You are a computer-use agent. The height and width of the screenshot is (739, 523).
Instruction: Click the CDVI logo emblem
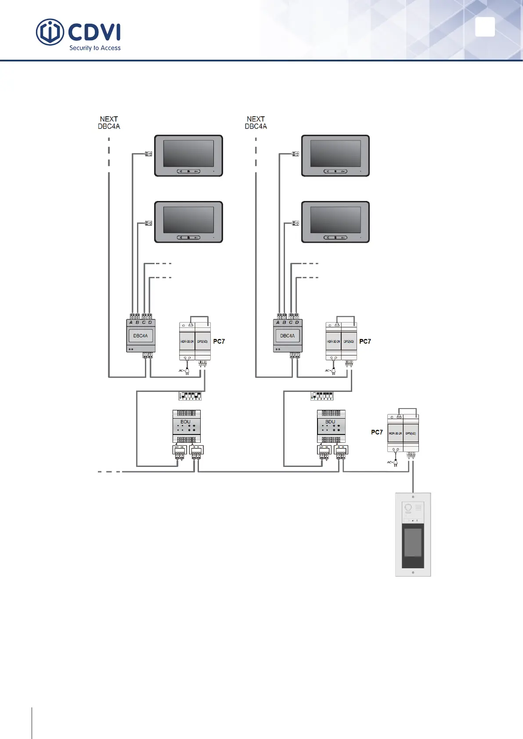[50, 32]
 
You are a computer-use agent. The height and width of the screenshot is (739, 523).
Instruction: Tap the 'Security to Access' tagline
[95, 48]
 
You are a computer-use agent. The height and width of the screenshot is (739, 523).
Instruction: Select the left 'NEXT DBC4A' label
[109, 122]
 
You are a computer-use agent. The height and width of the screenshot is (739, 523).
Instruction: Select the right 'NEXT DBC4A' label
[256, 122]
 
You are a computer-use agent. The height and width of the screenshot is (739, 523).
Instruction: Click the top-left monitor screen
[188, 153]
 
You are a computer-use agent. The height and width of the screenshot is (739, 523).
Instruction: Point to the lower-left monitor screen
[188, 220]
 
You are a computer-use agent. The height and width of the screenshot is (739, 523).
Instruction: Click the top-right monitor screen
[335, 153]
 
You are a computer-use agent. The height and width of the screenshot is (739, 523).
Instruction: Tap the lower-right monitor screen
[335, 220]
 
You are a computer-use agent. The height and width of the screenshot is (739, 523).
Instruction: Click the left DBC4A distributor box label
[141, 336]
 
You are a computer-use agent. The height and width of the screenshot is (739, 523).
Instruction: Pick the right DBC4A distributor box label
[288, 336]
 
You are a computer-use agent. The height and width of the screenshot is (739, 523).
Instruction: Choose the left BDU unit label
[186, 422]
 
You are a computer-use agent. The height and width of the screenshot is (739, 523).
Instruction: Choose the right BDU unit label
[330, 422]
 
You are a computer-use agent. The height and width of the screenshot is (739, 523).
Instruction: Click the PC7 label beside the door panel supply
[377, 432]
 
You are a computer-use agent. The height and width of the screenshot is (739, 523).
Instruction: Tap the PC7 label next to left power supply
[219, 341]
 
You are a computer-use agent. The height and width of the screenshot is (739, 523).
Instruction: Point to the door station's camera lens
[408, 508]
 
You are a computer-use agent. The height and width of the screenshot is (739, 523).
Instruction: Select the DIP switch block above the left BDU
[190, 396]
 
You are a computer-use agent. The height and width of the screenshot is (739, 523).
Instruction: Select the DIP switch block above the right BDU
[321, 396]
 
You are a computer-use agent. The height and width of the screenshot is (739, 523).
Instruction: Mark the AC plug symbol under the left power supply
[187, 371]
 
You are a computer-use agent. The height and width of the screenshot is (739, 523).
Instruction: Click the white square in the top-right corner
[485, 27]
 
